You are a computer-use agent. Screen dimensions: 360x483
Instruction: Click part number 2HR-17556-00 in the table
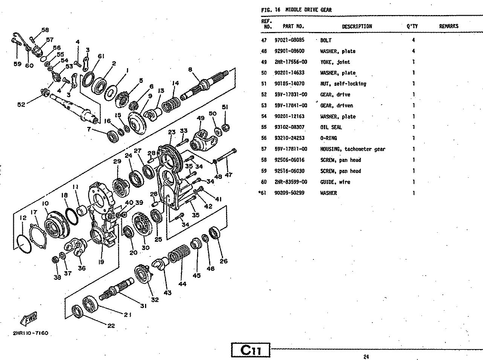[x=290, y=62]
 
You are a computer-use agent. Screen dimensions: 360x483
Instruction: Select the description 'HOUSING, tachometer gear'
[x=353, y=149]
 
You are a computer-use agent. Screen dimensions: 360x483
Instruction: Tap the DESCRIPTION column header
[x=356, y=26]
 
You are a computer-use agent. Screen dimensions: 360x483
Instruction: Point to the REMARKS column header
[x=448, y=26]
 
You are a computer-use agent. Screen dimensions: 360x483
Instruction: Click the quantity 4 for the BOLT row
[x=413, y=40]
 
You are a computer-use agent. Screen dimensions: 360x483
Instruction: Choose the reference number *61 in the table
[x=263, y=193]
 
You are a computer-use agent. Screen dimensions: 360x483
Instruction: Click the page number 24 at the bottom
[x=366, y=357]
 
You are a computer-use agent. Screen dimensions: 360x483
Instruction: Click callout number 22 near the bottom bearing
[x=111, y=326]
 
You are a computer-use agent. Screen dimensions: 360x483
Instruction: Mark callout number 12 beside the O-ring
[x=23, y=218]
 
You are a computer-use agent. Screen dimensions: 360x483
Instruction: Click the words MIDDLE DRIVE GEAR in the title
[x=308, y=10]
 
